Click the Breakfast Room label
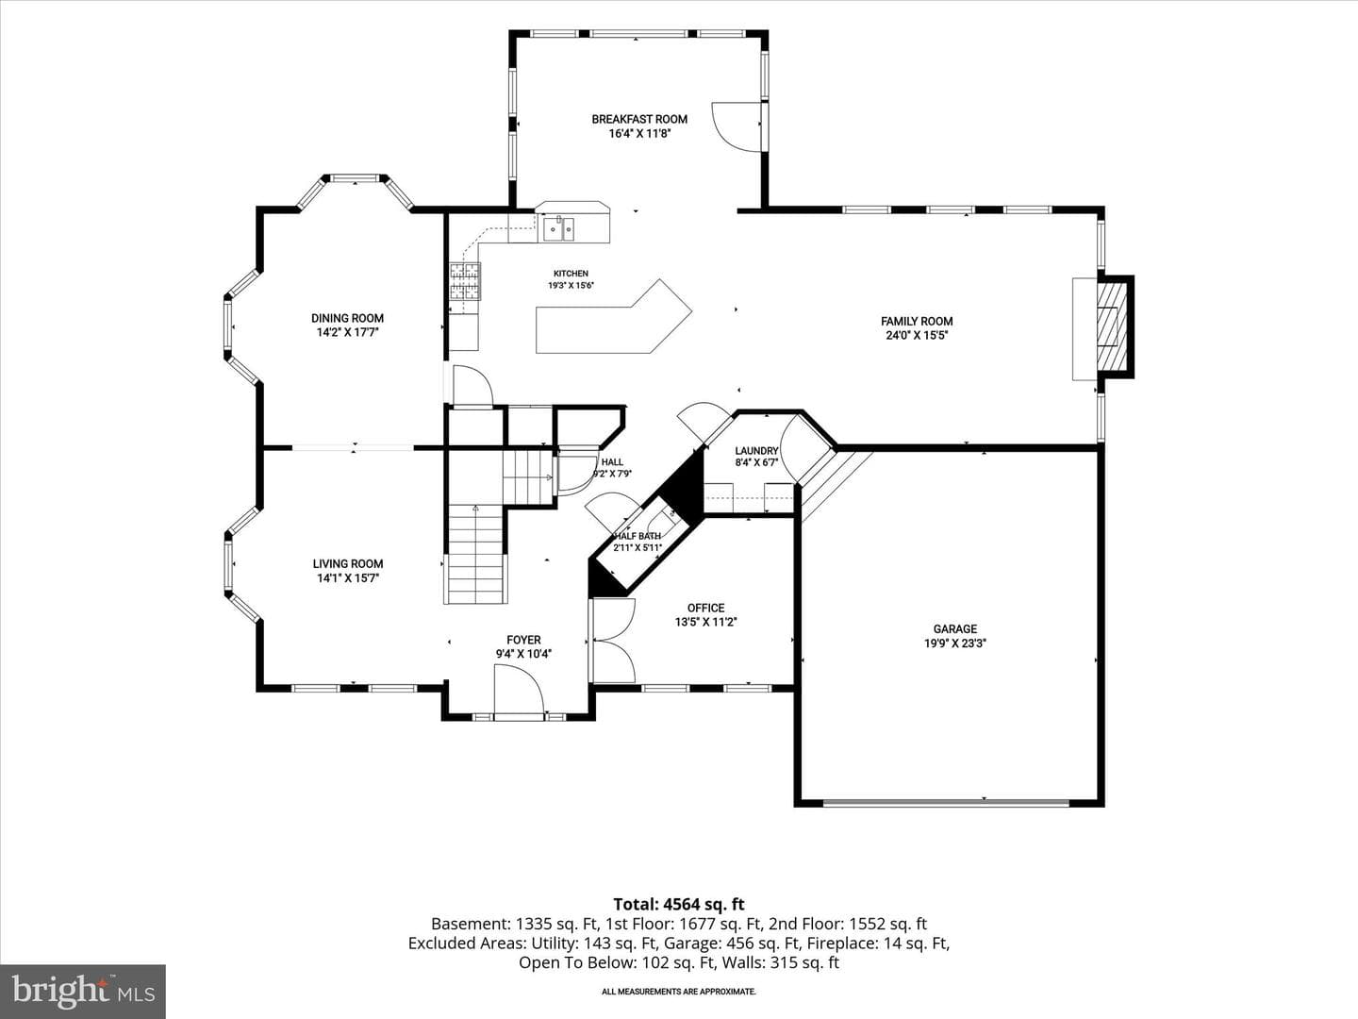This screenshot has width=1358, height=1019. coord(639,120)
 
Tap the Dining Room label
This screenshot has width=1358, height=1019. coord(347,318)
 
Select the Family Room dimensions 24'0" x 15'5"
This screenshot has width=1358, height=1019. coord(917,335)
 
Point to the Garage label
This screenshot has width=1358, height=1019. coord(955,629)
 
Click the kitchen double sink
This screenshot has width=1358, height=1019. coord(558,229)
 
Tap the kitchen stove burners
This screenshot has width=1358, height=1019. coord(465,281)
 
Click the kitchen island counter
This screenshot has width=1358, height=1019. coord(613,319)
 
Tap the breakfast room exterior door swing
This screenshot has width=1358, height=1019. coord(736,126)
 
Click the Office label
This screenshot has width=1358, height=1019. coord(705,609)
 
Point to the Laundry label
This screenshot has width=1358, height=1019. coord(756,451)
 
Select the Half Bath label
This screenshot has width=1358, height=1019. coord(638,536)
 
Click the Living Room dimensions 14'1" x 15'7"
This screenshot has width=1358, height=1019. coord(348,578)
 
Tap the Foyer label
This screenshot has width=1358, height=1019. coord(523,640)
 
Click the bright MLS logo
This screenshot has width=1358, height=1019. coord(82,990)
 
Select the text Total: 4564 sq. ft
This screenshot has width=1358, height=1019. coord(679,905)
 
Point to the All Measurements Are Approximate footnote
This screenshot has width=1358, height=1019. coord(679,992)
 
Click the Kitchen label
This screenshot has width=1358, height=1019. coord(571,274)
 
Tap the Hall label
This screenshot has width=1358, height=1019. coord(612,462)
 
